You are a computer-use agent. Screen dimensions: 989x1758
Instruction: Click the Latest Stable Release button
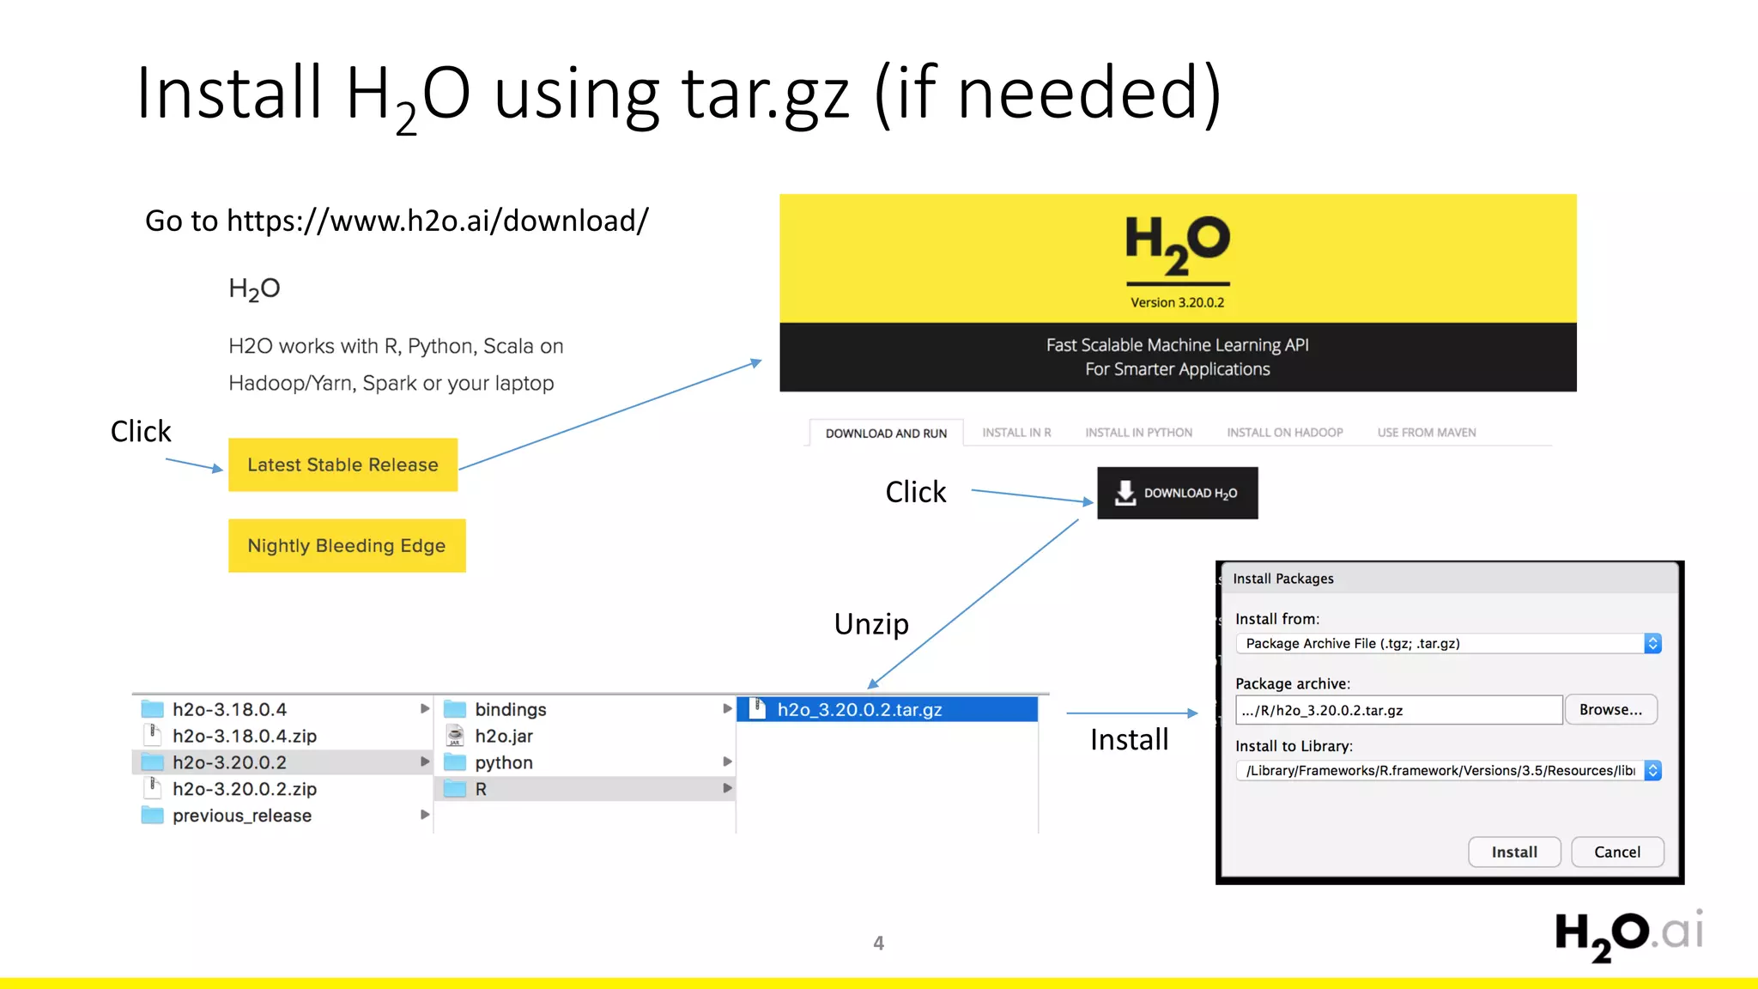tap(343, 464)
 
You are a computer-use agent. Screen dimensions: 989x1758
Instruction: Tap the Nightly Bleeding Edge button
tap(347, 545)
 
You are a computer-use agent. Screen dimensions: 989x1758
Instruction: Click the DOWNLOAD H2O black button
tap(1177, 493)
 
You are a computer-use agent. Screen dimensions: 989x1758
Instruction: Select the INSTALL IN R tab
tap(1016, 433)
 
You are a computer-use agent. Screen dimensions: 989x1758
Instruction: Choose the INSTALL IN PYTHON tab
tap(1138, 433)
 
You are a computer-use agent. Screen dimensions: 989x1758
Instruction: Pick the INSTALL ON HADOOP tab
tap(1284, 433)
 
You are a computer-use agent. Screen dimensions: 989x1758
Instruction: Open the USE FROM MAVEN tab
tap(1427, 433)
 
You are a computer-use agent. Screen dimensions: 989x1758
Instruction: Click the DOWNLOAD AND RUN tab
tap(886, 434)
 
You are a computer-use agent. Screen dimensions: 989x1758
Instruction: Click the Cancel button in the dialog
tap(1616, 852)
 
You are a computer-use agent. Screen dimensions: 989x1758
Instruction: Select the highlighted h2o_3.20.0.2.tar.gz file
tap(859, 709)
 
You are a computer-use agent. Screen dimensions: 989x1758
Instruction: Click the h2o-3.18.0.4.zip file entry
tap(244, 736)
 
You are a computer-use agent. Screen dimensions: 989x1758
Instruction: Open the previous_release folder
tap(241, 816)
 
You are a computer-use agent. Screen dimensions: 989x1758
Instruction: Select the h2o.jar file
tap(503, 736)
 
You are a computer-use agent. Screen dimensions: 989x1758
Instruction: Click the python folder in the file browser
tap(503, 762)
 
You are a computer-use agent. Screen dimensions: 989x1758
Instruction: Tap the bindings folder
tap(510, 709)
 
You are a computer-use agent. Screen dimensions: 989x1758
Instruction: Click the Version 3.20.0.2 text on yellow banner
tap(1177, 302)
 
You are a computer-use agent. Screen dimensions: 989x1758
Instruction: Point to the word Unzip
tap(870, 623)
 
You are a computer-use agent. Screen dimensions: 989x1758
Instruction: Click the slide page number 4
tap(878, 943)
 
